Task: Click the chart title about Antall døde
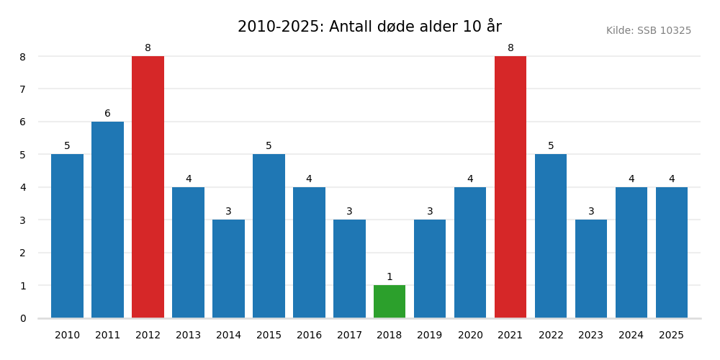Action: (x=369, y=27)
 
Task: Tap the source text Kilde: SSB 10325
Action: (x=648, y=31)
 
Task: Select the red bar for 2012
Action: (x=148, y=187)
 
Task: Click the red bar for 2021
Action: (x=510, y=187)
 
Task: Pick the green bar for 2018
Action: (x=390, y=302)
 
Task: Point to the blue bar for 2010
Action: (x=67, y=236)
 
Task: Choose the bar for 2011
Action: (x=107, y=220)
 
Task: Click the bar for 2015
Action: (x=269, y=236)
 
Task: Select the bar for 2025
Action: (x=672, y=252)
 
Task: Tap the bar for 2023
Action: (x=591, y=269)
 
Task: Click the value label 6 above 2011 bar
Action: (x=107, y=114)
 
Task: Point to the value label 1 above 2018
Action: (x=390, y=277)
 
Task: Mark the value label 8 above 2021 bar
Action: (x=510, y=48)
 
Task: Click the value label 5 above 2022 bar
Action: (x=551, y=146)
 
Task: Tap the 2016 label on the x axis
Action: (x=309, y=336)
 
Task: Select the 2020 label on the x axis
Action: (x=470, y=336)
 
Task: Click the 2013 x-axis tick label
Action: (x=188, y=336)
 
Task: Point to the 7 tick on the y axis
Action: (x=22, y=89)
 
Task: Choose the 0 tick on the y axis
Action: (x=22, y=318)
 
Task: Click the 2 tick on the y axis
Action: (x=22, y=253)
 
